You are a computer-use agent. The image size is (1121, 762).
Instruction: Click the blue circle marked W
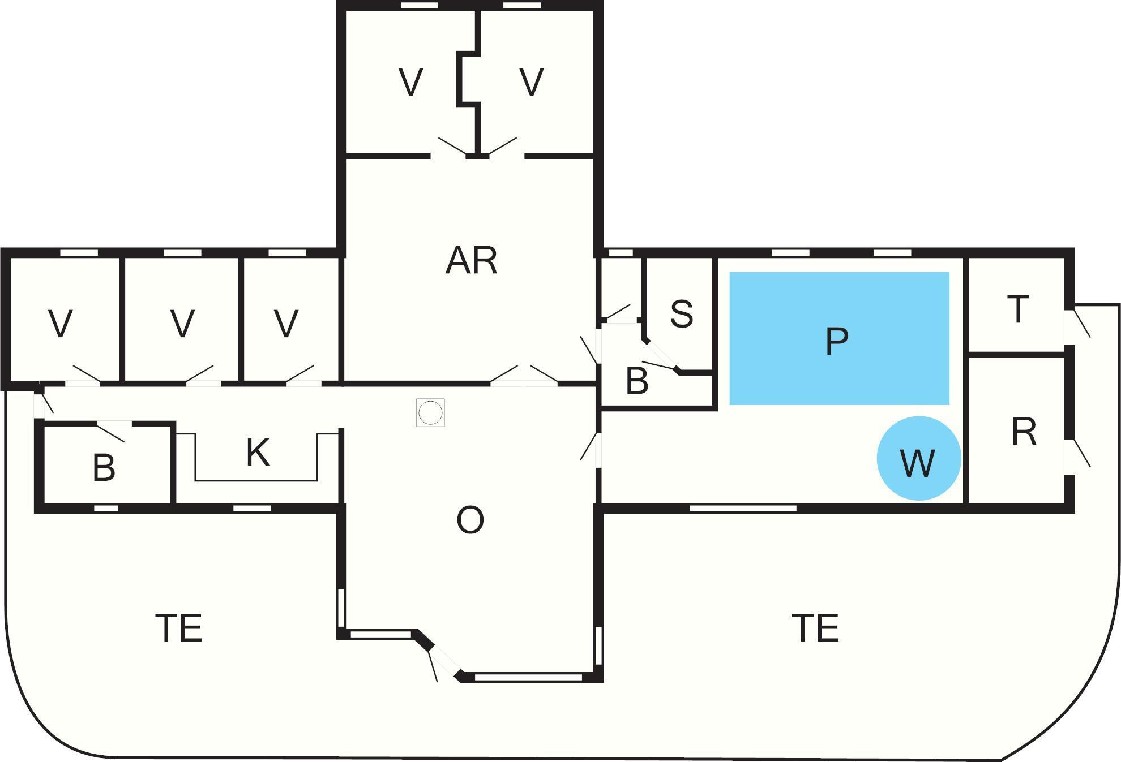(x=919, y=459)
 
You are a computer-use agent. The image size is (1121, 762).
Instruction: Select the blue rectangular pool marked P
(x=839, y=338)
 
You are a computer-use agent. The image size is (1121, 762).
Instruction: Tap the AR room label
(x=472, y=261)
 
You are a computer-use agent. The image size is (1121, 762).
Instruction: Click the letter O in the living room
(x=470, y=520)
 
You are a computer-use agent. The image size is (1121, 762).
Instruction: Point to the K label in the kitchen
(x=258, y=453)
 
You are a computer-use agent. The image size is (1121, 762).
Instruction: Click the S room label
(x=682, y=314)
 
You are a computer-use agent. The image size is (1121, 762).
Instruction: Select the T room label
(x=1018, y=309)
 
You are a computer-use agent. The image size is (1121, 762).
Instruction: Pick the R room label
(x=1024, y=432)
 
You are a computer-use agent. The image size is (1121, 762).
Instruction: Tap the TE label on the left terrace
(x=179, y=628)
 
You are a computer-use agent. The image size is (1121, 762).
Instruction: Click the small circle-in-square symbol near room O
(x=430, y=413)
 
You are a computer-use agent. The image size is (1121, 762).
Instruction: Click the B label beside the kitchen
(x=104, y=468)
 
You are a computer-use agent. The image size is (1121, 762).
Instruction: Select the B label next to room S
(x=637, y=381)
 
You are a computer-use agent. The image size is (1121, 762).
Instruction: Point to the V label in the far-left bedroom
(x=61, y=324)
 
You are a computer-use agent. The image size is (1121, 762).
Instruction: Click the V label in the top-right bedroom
(x=532, y=82)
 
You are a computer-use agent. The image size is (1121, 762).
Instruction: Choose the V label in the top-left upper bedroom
(x=410, y=82)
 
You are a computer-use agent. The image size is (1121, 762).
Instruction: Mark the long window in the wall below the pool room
(x=743, y=509)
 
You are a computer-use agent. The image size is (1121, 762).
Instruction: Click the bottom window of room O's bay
(x=528, y=677)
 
